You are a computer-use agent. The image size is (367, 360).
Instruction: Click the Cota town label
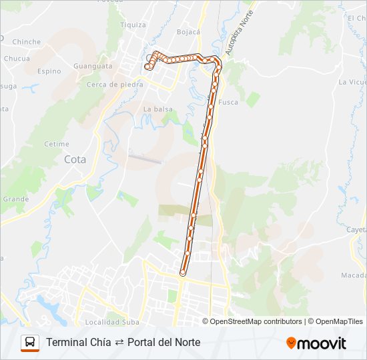pos(75,159)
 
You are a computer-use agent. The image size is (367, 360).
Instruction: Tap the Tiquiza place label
pos(133,25)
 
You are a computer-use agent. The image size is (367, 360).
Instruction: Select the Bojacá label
pos(188,31)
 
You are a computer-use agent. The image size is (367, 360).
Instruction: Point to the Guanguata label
pos(93,66)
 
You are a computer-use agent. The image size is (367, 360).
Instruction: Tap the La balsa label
pos(158,109)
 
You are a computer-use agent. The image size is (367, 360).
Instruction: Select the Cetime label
pos(57,144)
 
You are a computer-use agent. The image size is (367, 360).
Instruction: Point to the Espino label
pos(49,71)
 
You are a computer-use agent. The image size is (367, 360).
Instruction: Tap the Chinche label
pos(27,41)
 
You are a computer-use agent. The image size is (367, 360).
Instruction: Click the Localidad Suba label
pos(112,322)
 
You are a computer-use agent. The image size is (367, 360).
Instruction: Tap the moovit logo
pos(316,343)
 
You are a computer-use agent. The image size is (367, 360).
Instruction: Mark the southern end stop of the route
pos(183,273)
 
